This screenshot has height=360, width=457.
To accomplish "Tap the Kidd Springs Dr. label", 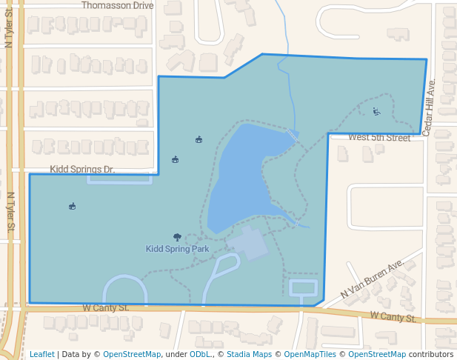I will pyautogui.click(x=82, y=170).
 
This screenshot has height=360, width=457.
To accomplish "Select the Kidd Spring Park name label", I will pyautogui.click(x=177, y=250).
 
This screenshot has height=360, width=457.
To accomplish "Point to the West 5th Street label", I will pyautogui.click(x=378, y=138).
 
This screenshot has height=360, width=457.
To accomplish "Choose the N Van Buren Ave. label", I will pyautogui.click(x=372, y=279).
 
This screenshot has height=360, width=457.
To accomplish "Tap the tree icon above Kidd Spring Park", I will pyautogui.click(x=177, y=237).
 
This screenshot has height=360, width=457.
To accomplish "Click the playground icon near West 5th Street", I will pyautogui.click(x=376, y=112).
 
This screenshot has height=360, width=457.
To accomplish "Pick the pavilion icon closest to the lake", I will pyautogui.click(x=199, y=139).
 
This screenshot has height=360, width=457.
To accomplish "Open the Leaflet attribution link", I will pyautogui.click(x=41, y=355).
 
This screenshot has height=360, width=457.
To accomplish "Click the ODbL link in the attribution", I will pyautogui.click(x=200, y=355).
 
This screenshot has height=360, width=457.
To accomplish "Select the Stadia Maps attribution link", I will pyautogui.click(x=249, y=355).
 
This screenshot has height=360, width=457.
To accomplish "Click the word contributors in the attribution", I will pyautogui.click(x=431, y=355).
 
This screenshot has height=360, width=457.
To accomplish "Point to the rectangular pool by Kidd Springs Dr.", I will pyautogui.click(x=119, y=179).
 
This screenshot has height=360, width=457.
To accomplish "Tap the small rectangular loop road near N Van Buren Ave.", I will pyautogui.click(x=303, y=287).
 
